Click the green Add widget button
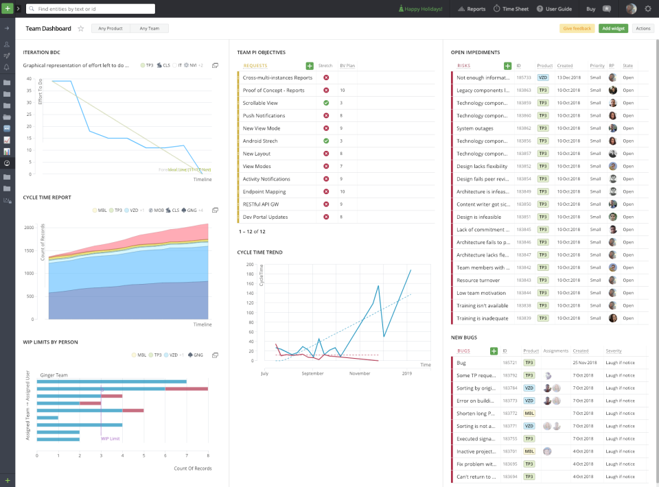[613, 28]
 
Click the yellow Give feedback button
[577, 28]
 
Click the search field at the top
[89, 9]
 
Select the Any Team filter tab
[149, 28]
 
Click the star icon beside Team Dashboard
[80, 29]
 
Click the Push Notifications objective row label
[264, 115]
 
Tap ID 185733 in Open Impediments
[524, 78]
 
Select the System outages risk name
[474, 128]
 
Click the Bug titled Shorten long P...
[476, 413]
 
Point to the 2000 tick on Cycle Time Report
[30, 227]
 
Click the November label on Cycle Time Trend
[360, 373]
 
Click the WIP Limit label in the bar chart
[111, 438]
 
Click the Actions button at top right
[643, 28]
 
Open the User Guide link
[554, 9]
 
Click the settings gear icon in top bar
[647, 9]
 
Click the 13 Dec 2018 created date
[569, 78]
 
